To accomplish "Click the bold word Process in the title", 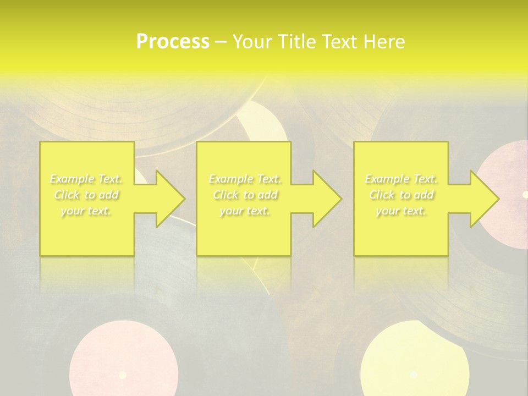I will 173,42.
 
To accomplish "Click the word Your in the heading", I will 253,42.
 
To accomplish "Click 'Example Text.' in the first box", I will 86,179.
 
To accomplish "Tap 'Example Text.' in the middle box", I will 245,179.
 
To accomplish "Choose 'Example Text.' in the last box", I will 402,179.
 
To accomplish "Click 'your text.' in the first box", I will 86,211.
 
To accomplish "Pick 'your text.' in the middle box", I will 245,211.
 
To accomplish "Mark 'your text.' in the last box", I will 402,211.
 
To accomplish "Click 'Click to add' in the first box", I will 86,195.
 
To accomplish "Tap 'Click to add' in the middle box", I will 245,195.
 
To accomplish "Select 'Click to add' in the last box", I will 402,195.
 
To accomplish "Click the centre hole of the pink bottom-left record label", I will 123,375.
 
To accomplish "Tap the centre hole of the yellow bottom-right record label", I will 414,375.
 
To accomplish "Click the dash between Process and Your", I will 221,42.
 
